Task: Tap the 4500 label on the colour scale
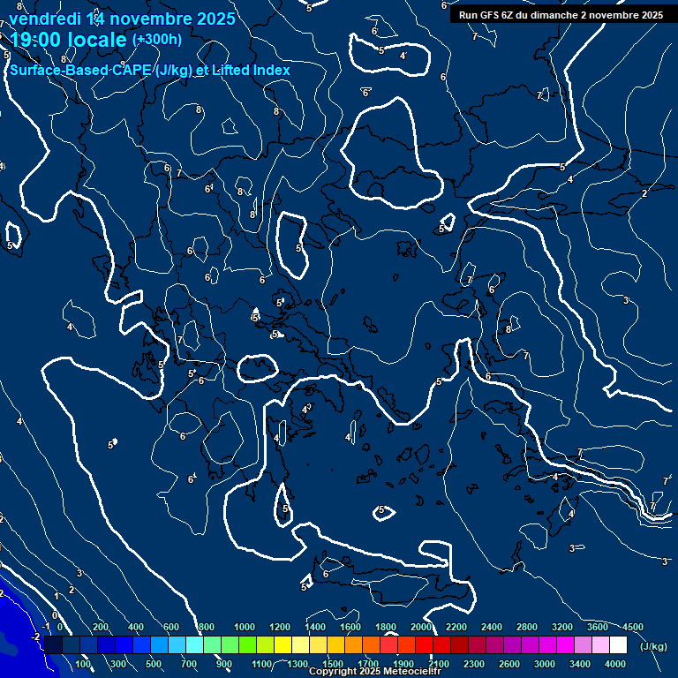[632, 626]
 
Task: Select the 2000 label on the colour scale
[421, 626]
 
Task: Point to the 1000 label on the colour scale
[245, 626]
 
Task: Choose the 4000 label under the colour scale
[615, 663]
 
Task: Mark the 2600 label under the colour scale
[510, 663]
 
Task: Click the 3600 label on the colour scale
[598, 626]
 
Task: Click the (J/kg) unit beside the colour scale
[653, 647]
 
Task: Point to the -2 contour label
[35, 636]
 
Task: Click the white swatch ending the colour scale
[619, 645]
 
